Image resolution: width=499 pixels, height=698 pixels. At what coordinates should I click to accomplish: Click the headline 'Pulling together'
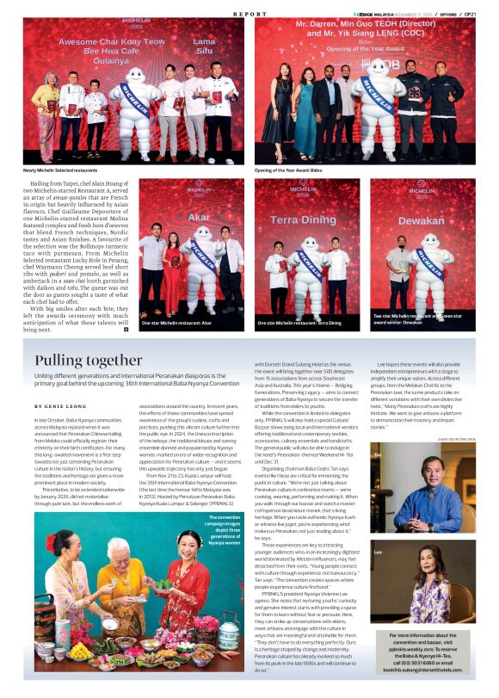click(89, 360)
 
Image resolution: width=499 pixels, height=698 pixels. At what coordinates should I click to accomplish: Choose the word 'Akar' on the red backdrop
click(199, 217)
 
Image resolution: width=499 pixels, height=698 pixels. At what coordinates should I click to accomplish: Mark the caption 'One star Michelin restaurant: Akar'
click(176, 323)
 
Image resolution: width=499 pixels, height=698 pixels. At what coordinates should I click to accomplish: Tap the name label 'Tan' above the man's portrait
click(377, 454)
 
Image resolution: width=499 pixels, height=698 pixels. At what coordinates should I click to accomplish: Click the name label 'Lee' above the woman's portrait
click(378, 551)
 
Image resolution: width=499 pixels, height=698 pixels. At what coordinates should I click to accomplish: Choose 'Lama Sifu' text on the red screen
click(204, 46)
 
